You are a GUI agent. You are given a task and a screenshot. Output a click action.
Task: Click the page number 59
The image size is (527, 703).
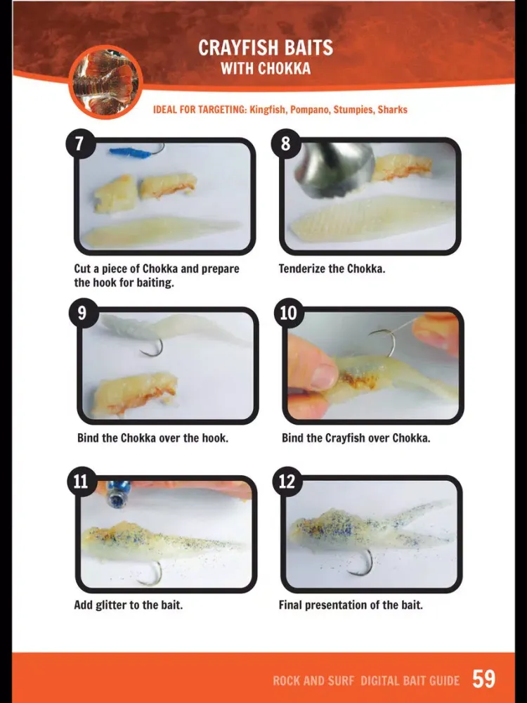[x=483, y=678]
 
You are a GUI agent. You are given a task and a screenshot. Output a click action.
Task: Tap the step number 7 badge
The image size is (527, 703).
[x=80, y=143]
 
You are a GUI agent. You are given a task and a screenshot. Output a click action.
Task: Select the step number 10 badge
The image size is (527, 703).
[x=288, y=313]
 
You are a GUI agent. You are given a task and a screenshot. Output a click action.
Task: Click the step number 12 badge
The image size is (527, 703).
[x=287, y=482]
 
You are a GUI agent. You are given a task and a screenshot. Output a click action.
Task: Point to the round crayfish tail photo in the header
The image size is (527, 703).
[x=106, y=82]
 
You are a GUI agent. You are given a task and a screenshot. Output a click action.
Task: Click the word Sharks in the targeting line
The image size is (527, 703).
[x=393, y=110]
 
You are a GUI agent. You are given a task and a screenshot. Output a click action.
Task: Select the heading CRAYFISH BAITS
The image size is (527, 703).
[x=266, y=48]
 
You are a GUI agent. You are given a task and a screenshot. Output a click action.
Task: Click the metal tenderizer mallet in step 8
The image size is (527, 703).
[x=333, y=168]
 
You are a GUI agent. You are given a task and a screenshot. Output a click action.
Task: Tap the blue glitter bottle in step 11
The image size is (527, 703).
[x=118, y=494]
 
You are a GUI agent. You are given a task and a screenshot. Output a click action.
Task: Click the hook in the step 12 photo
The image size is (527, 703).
[x=364, y=563]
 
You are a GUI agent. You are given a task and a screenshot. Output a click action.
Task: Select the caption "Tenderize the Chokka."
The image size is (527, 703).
[x=332, y=269]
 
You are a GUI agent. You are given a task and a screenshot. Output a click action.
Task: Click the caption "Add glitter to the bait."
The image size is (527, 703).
[x=128, y=605]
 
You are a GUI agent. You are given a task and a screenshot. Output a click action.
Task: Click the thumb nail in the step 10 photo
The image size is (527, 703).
[x=323, y=375]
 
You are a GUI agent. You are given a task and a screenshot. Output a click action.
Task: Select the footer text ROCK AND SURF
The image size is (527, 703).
[x=313, y=681]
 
